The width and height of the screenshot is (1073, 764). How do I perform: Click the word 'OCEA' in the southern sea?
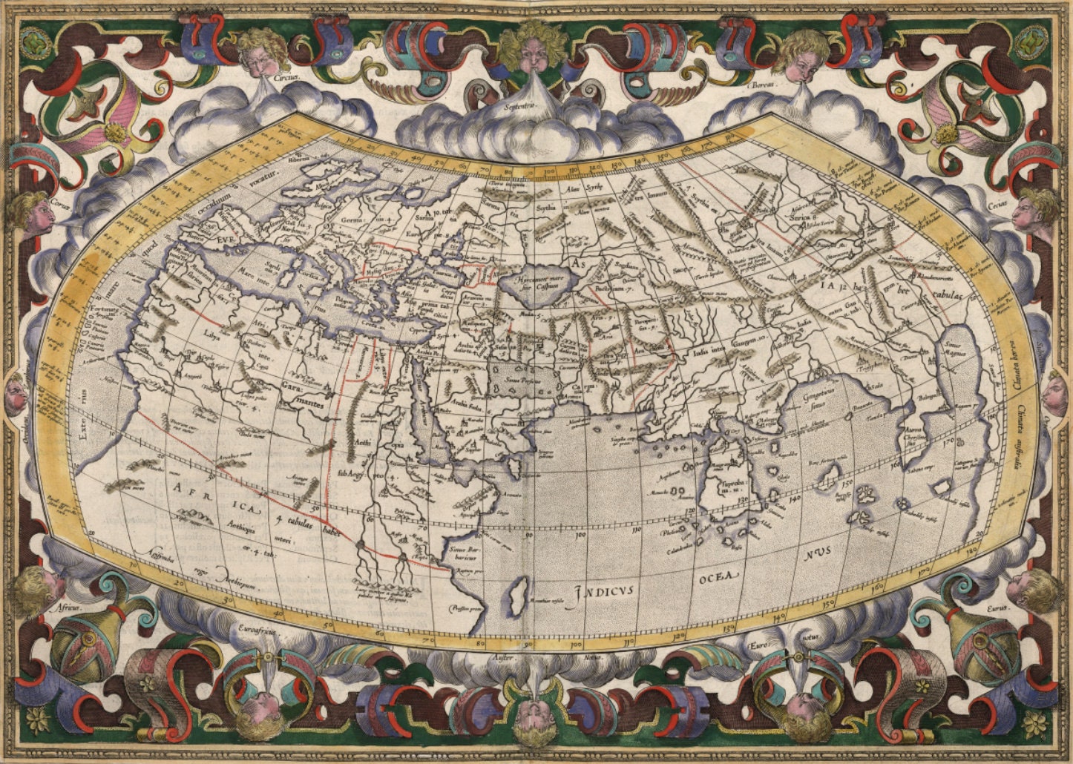pos(718,576)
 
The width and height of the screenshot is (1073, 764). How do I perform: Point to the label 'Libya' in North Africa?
pos(211,335)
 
